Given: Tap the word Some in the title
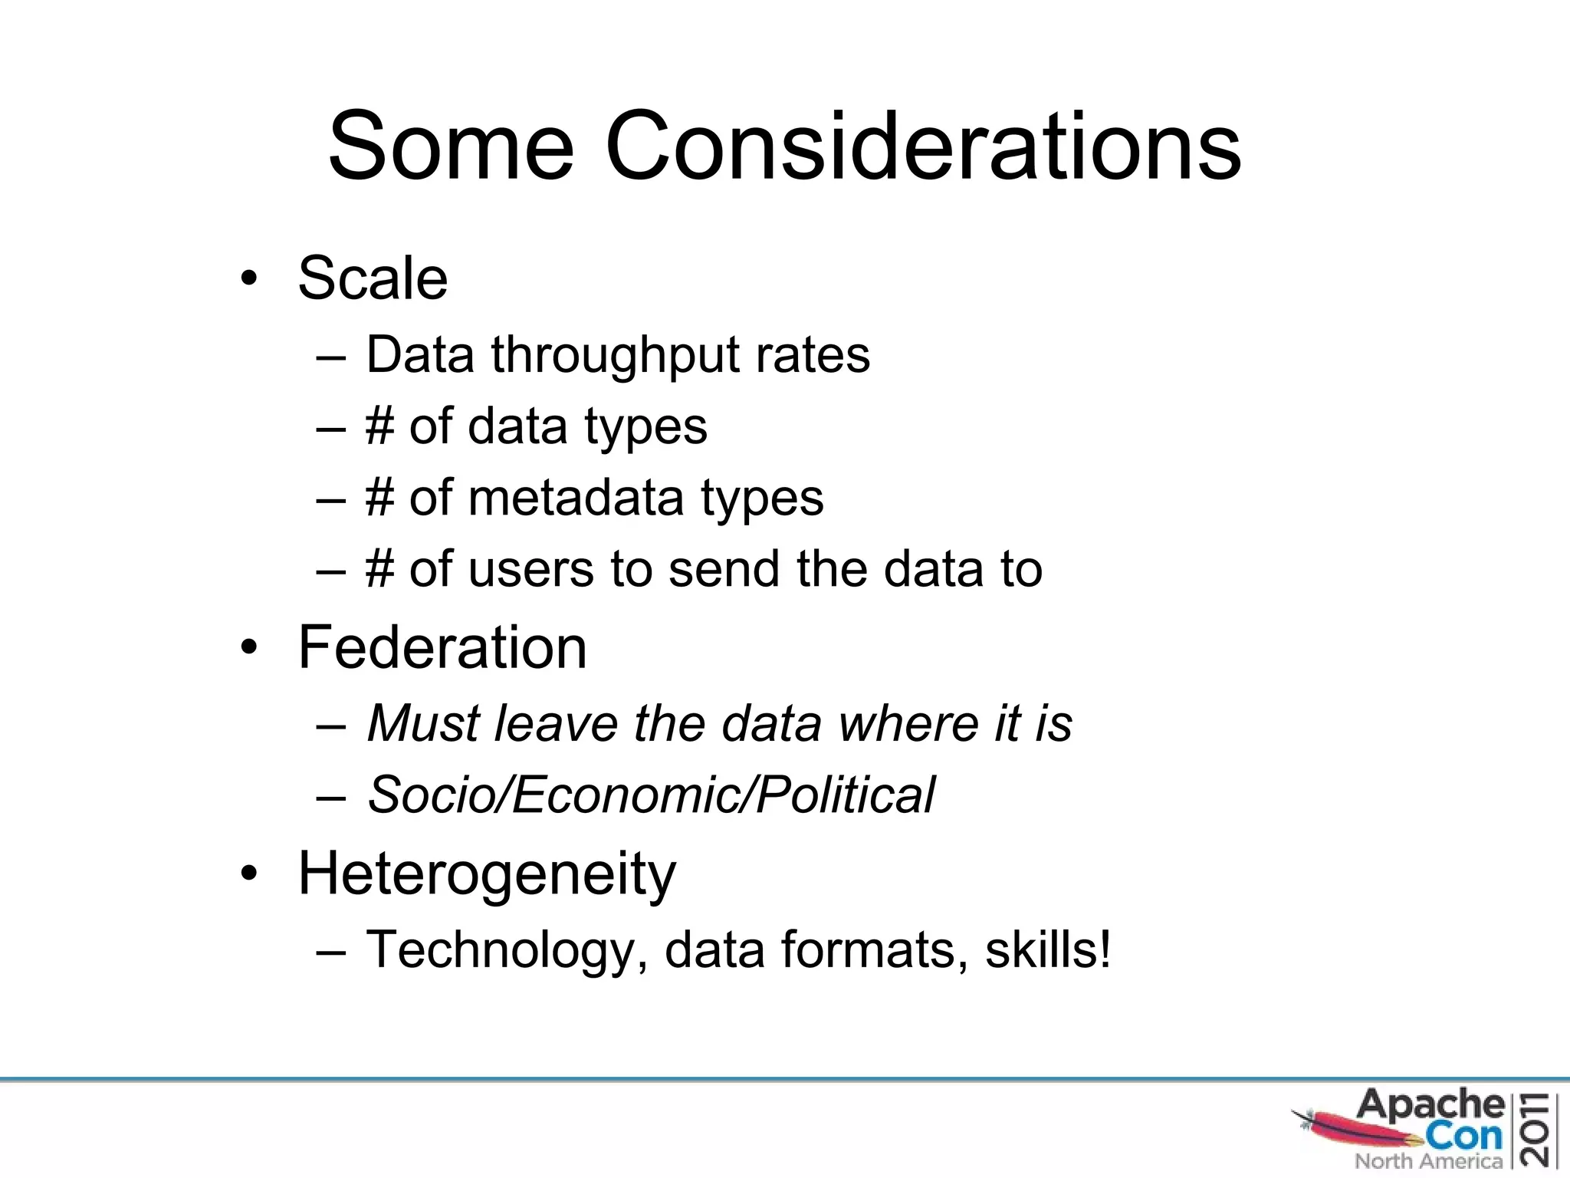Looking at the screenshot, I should pyautogui.click(x=451, y=146).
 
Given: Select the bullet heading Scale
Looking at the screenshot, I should pyautogui.click(x=373, y=278).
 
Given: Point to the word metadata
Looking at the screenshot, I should pyautogui.click(x=575, y=499).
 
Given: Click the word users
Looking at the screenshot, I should pyautogui.click(x=530, y=570).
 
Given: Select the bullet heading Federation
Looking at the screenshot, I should pyautogui.click(x=442, y=647).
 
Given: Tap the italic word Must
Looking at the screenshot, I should pyautogui.click(x=426, y=723).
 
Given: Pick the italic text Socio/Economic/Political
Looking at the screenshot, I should pyautogui.click(x=651, y=795).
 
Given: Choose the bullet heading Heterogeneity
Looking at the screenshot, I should pyautogui.click(x=487, y=874).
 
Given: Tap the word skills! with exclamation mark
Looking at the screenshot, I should pyautogui.click(x=1048, y=949).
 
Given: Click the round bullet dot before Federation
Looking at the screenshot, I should pyautogui.click(x=248, y=649).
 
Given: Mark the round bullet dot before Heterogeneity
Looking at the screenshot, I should pyautogui.click(x=248, y=874).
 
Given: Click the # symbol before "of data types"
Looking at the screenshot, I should pyautogui.click(x=379, y=426).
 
